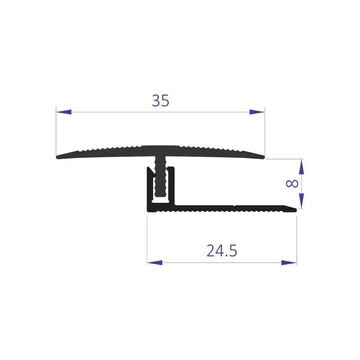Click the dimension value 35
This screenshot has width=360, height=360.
point(160,101)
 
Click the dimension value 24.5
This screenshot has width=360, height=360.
point(222,250)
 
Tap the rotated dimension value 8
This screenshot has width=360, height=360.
point(292,184)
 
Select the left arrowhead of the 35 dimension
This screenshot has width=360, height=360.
point(64,112)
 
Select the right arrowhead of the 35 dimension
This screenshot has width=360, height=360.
point(257,112)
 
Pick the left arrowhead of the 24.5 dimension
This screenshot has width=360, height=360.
point(155,263)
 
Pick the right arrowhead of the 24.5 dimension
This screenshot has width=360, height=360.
point(289,263)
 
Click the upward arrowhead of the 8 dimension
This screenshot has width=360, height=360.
point(301,167)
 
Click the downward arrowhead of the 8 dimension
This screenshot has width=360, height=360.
point(301,201)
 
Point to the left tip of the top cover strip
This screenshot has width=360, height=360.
point(57,157)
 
